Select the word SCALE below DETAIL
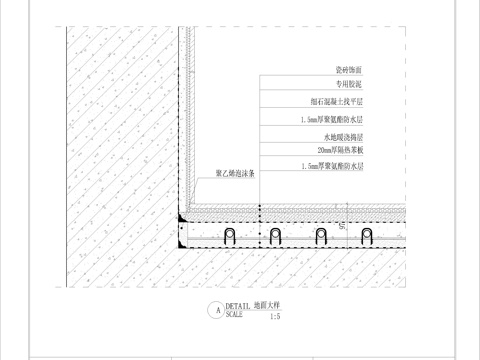(233, 314)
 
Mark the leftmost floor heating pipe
(229, 236)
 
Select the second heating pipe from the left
(275, 236)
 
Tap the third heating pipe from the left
(321, 236)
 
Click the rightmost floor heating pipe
(367, 236)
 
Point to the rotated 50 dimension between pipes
(343, 229)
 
